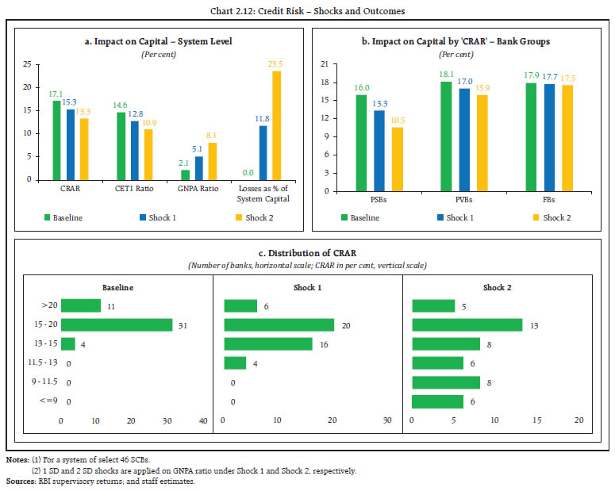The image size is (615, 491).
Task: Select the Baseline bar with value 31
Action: pos(117,324)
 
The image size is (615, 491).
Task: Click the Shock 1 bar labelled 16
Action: pos(268,343)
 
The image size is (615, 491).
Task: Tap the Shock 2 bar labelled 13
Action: pos(467,324)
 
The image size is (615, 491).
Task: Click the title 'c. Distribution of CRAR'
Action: pos(307,253)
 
